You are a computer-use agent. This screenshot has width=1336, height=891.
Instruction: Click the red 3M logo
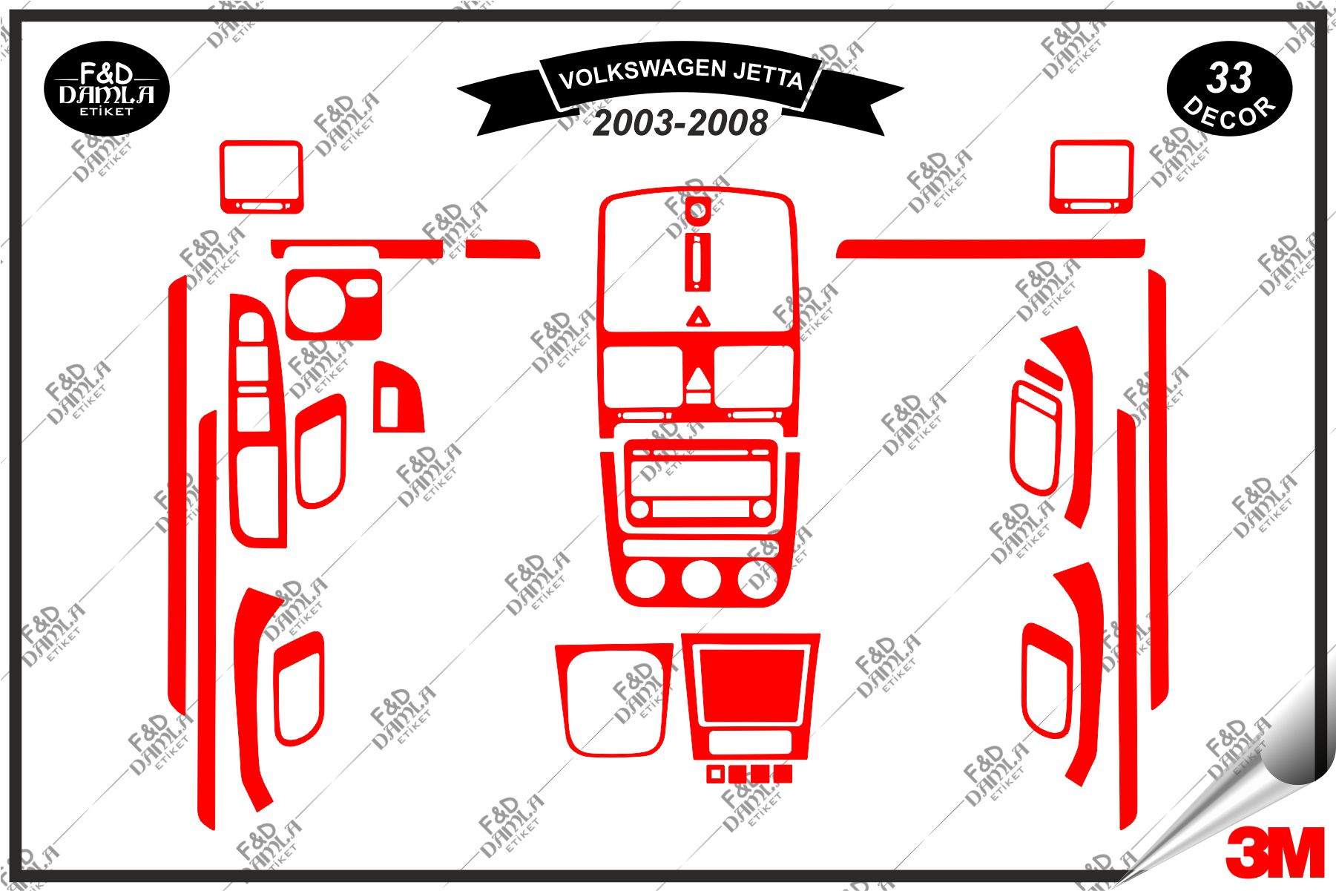point(1275,852)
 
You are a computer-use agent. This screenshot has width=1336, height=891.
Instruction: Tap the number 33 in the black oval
point(1229,78)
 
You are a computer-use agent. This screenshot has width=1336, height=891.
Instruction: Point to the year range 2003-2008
point(680,123)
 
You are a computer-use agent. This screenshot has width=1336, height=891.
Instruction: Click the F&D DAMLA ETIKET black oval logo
point(107,88)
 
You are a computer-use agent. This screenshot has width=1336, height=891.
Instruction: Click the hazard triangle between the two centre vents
point(697,381)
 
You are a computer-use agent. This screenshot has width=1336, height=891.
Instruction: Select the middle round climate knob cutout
point(701,579)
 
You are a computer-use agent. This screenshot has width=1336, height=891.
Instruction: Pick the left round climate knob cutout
point(644,579)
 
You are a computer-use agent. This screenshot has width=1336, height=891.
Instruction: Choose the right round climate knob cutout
point(758,579)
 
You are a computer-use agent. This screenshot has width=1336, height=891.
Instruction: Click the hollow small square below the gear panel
point(714,775)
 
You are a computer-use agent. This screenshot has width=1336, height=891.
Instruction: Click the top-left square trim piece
point(261,177)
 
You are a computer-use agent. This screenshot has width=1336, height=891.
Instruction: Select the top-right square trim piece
point(1091,177)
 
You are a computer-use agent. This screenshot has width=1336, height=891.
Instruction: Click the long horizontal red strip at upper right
point(990,248)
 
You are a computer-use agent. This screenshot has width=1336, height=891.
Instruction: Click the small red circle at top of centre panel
point(697,211)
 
